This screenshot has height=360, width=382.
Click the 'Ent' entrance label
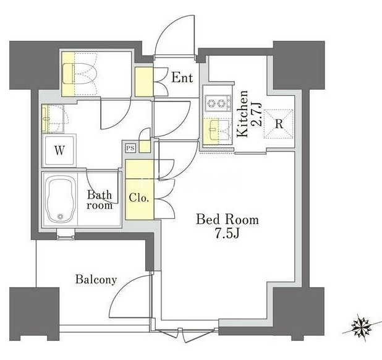pyautogui.click(x=182, y=78)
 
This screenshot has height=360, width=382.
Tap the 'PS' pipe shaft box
pyautogui.click(x=130, y=148)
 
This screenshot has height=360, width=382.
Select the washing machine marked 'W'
pyautogui.click(x=59, y=151)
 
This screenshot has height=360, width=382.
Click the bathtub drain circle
pyautogui.click(x=60, y=216)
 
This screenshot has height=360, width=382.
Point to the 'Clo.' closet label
pyautogui.click(x=138, y=197)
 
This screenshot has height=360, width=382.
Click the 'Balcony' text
pyautogui.click(x=96, y=280)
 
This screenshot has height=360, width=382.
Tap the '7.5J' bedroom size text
pyautogui.click(x=227, y=233)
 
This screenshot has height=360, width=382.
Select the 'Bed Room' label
pyautogui.click(x=227, y=220)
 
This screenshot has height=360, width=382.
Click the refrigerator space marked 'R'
pyautogui.click(x=279, y=124)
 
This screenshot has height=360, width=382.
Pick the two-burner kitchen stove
pyautogui.click(x=218, y=103)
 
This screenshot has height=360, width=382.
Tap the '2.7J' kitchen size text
pyautogui.click(x=257, y=114)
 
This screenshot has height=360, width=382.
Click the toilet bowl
pyautogui.click(x=80, y=74)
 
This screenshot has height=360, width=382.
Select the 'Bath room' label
pyautogui.click(x=100, y=200)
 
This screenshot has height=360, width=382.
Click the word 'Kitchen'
pyautogui.click(x=243, y=114)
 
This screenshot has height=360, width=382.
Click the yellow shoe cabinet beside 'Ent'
pyautogui.click(x=144, y=82)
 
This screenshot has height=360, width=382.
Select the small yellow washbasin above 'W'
pyautogui.click(x=45, y=119)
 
